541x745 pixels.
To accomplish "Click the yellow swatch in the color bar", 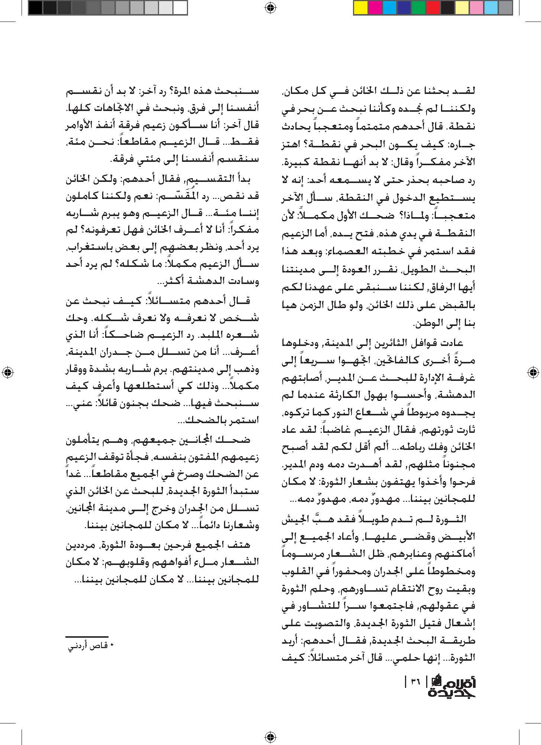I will [360, 8].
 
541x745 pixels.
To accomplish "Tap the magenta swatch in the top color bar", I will [375, 8].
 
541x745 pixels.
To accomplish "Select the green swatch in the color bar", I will [418, 8].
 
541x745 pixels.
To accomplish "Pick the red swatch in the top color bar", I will [433, 8].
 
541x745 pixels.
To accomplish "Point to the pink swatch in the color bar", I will [477, 8].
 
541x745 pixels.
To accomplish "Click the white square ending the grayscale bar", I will [180, 8].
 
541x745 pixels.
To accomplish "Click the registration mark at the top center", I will [270, 7].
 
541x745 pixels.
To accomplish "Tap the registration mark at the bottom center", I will [270, 737].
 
